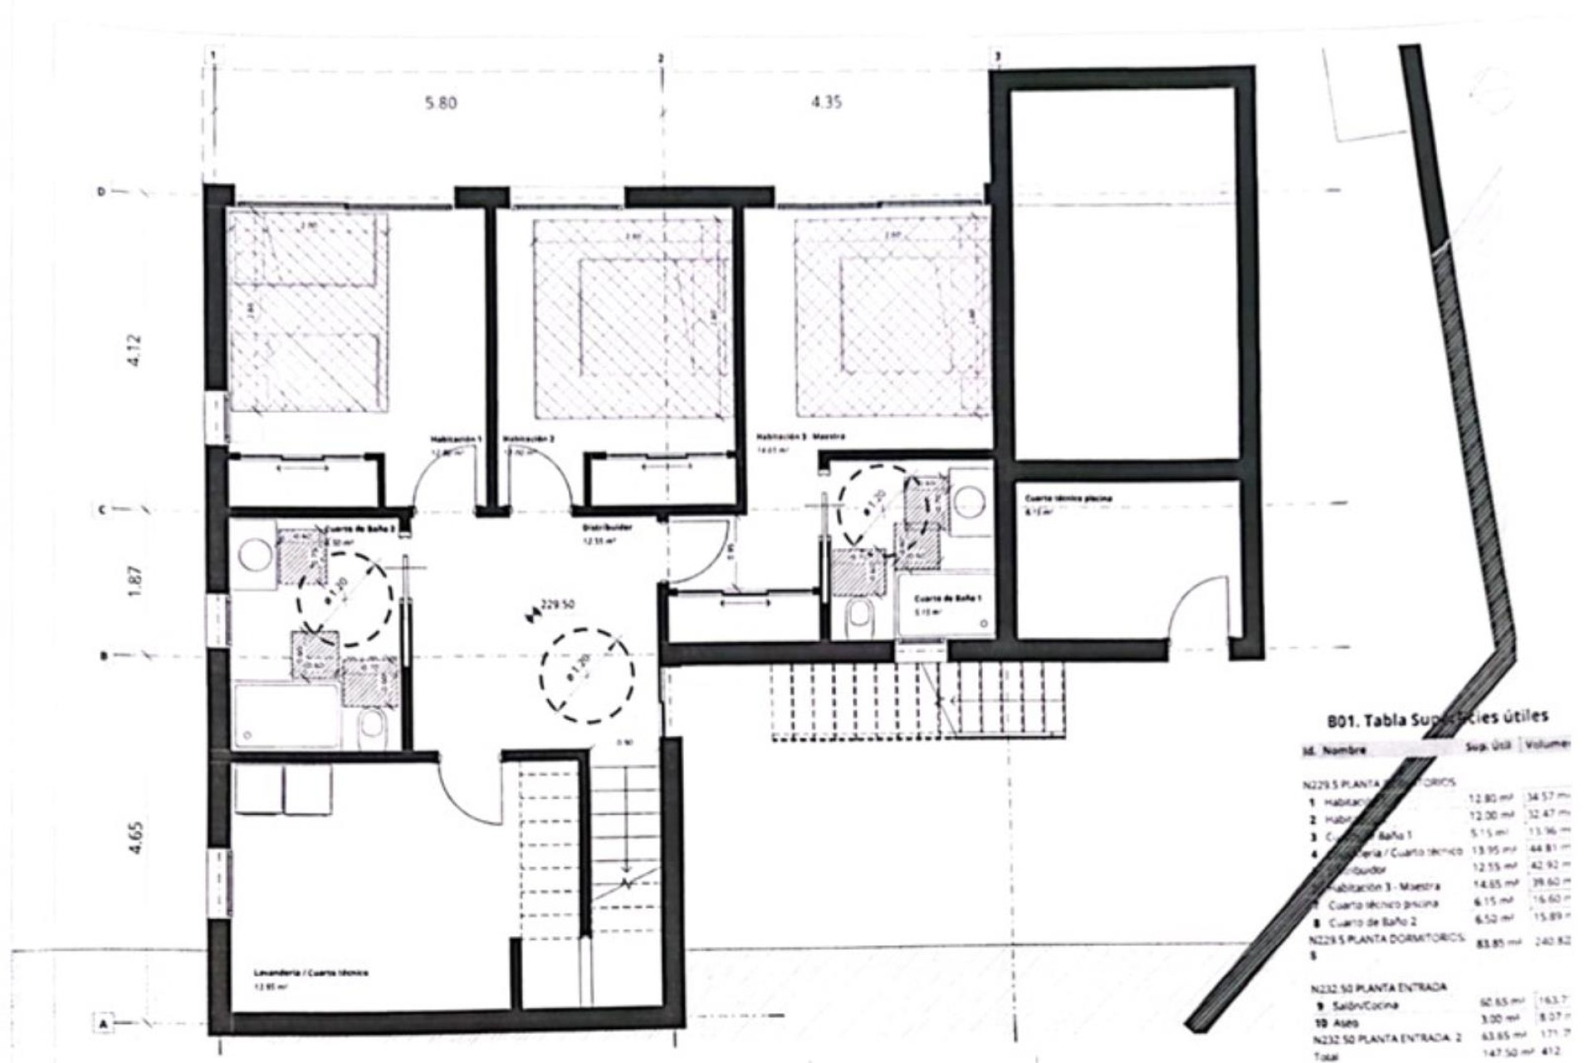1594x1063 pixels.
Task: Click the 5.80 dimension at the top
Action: point(441,103)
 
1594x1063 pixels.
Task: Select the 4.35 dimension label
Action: point(825,102)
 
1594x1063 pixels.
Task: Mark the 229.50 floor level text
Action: point(557,605)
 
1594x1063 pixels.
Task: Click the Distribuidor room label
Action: point(604,526)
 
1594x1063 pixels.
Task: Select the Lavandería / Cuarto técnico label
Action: point(310,972)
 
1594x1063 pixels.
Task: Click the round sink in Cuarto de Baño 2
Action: point(254,554)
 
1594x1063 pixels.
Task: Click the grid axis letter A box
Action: point(104,1025)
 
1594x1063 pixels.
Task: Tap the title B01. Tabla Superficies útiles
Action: point(1437,718)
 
